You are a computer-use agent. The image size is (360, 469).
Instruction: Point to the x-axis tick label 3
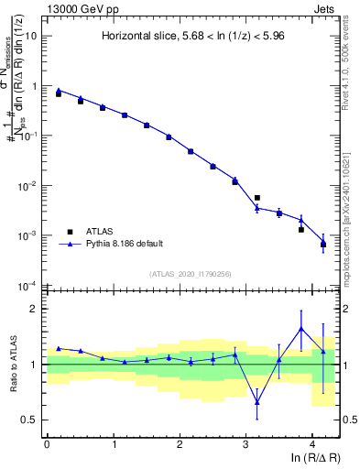[x=245, y=443]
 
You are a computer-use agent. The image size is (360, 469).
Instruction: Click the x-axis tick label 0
[x=47, y=443]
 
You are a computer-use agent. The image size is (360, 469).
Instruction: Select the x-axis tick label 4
[x=312, y=443]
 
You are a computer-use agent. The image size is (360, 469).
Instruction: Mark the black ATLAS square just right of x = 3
[x=257, y=198]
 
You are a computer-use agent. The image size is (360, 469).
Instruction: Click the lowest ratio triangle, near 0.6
[x=257, y=402]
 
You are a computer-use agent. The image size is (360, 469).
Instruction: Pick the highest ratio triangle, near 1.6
[x=301, y=329]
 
